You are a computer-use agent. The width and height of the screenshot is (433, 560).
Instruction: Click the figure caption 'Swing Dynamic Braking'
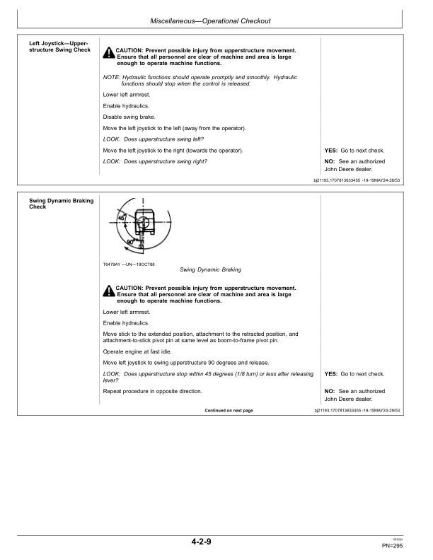coord(211,269)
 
